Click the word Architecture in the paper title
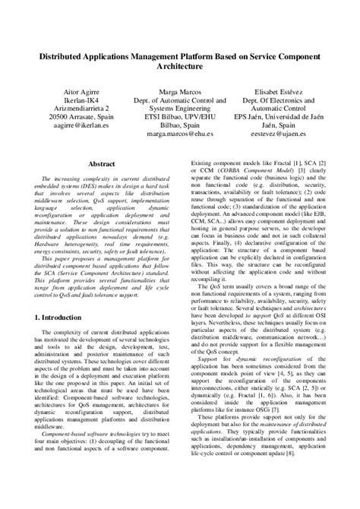[180, 68]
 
